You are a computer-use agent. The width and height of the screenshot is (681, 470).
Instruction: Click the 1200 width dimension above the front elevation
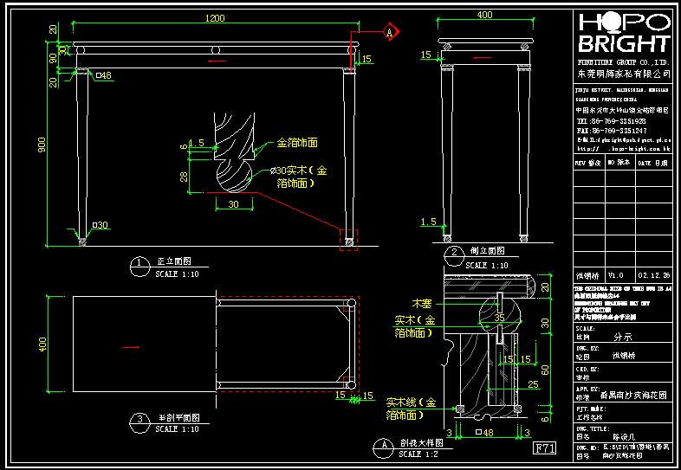point(215,17)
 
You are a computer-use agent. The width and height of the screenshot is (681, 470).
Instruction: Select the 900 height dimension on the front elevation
point(42,145)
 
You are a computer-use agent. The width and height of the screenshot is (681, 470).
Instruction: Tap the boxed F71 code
point(543,448)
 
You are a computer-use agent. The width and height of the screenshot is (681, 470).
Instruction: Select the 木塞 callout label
point(422,304)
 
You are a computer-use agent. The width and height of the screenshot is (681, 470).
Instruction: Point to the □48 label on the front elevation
point(103,76)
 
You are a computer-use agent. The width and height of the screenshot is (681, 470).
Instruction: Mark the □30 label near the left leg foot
point(100,225)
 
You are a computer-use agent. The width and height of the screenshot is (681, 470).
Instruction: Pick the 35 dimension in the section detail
point(499,318)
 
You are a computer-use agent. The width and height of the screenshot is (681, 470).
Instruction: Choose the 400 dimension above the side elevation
point(485,15)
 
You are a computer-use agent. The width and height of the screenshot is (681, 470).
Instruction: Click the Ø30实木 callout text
point(296,171)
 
